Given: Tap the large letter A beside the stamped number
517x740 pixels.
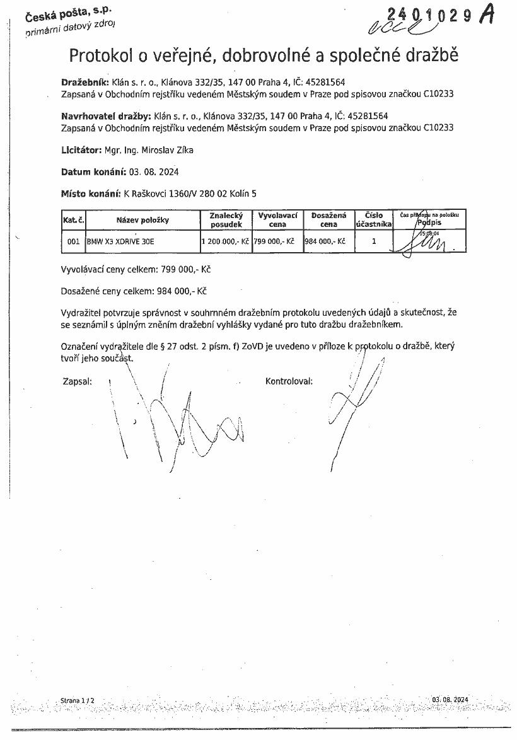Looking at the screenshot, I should [487, 16].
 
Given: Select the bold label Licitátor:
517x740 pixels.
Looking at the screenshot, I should [81, 151].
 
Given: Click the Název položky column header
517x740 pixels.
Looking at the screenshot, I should [142, 220].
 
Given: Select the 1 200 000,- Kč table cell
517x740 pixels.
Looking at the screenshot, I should [225, 241].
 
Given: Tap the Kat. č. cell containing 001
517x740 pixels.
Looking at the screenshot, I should [73, 241].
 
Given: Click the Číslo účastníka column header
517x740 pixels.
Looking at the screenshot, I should [373, 219].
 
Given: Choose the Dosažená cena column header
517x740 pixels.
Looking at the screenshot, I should [328, 219].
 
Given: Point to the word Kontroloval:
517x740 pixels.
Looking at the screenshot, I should [289, 381].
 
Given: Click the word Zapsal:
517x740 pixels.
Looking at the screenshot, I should [78, 381].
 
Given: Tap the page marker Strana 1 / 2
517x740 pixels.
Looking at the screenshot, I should [77, 700].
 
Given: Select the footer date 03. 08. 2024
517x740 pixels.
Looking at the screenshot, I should [451, 700].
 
